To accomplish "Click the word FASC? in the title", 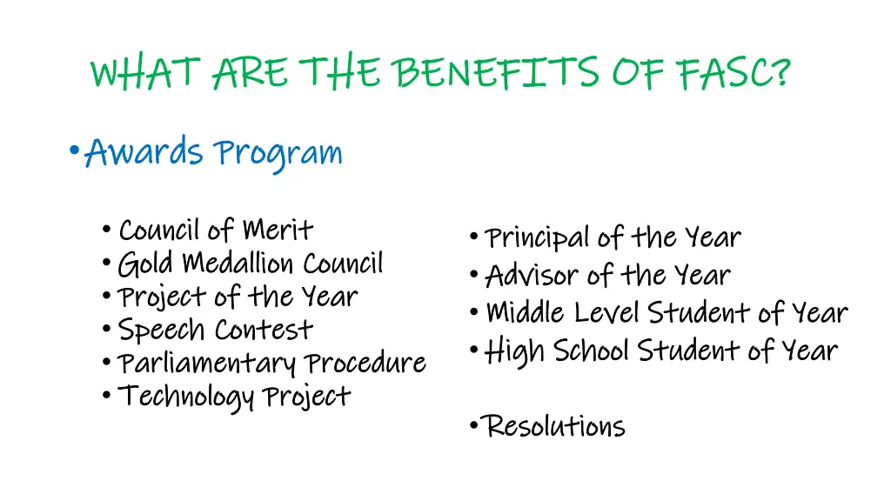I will tap(734, 72).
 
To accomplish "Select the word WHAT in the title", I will tap(146, 72).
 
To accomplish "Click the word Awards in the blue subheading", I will tap(144, 153).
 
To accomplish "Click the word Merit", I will tap(278, 230).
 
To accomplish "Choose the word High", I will tap(513, 351).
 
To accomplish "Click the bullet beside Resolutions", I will tap(472, 425).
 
